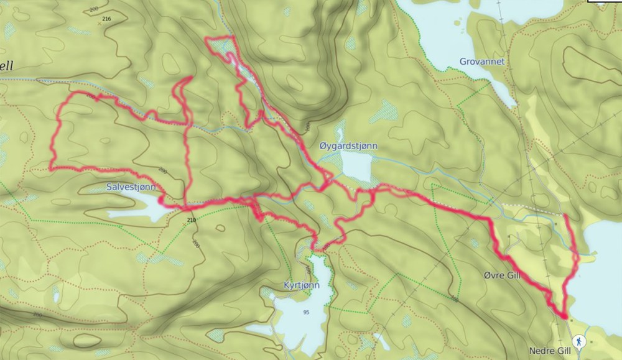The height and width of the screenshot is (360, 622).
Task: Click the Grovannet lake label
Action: tap(481, 62)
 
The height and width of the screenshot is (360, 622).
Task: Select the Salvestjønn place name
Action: tap(131, 187)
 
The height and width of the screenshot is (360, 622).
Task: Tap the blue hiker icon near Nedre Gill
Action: tap(579, 341)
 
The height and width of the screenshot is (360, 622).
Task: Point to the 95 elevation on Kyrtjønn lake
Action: tap(305, 312)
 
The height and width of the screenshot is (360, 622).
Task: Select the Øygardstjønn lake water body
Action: tap(356, 167)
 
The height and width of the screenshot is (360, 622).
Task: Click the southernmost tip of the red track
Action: tap(564, 316)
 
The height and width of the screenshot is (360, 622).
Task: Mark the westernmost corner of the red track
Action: tap(50, 168)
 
